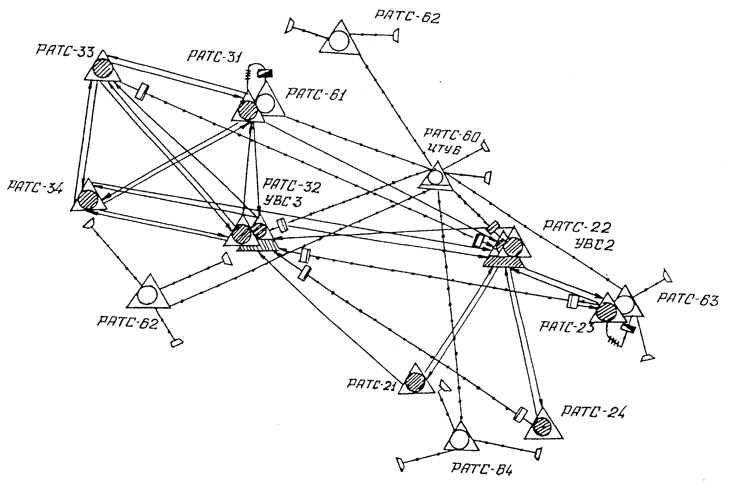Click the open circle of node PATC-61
[x=266, y=103]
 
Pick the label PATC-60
[x=452, y=135]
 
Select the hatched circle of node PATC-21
[x=415, y=381]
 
